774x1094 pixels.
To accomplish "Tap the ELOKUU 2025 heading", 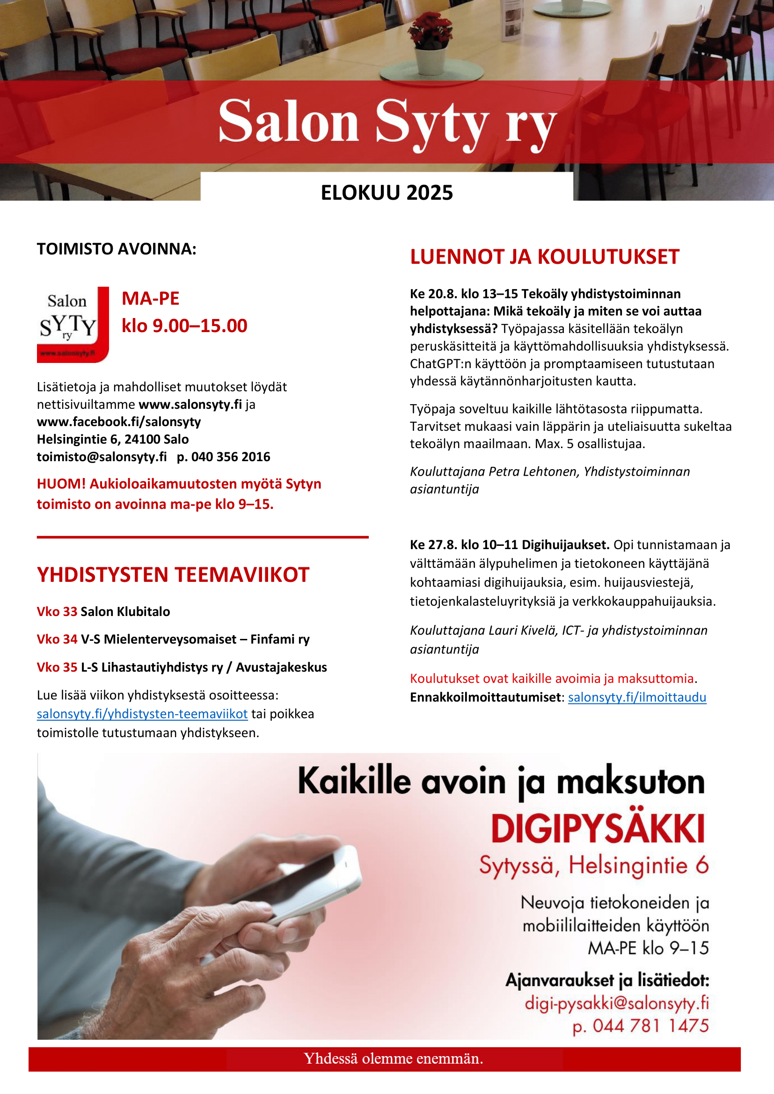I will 387,193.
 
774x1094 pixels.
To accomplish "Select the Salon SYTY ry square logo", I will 73,325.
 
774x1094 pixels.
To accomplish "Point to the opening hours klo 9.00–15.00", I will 184,326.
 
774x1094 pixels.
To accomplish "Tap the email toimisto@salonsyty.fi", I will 102,456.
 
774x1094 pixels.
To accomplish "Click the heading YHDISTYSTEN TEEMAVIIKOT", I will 173,575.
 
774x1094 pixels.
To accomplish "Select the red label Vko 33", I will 57,611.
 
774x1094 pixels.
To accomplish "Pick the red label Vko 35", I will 57,667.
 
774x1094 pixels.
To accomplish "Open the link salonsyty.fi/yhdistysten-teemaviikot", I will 142,714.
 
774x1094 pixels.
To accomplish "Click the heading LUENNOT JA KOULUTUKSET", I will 544,257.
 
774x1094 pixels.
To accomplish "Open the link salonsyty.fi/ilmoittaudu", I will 637,697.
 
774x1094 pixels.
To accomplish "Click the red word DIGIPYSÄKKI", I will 598,829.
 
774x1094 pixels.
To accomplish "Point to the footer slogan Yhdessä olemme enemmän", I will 393,1058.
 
